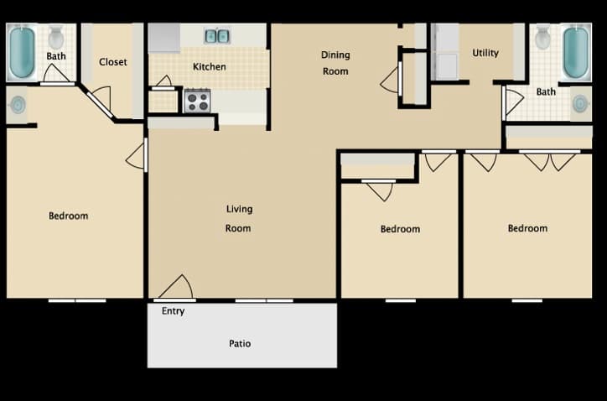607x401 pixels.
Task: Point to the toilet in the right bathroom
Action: [x=542, y=36]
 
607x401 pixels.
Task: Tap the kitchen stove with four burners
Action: [x=197, y=102]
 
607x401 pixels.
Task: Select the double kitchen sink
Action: [x=216, y=36]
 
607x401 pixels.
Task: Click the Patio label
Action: [x=240, y=343]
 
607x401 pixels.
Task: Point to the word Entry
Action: [x=174, y=311]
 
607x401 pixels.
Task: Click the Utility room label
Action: [x=485, y=53]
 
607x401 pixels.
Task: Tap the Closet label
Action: [x=113, y=62]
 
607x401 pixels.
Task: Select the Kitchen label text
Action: [x=209, y=67]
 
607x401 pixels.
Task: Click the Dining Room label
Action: [x=335, y=63]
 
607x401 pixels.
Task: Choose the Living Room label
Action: [x=239, y=218]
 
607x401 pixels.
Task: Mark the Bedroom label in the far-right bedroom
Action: [x=527, y=228]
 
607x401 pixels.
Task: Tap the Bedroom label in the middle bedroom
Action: [x=400, y=229]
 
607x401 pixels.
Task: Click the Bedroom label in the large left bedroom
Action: [x=68, y=216]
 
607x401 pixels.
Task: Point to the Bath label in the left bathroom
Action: [x=56, y=57]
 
